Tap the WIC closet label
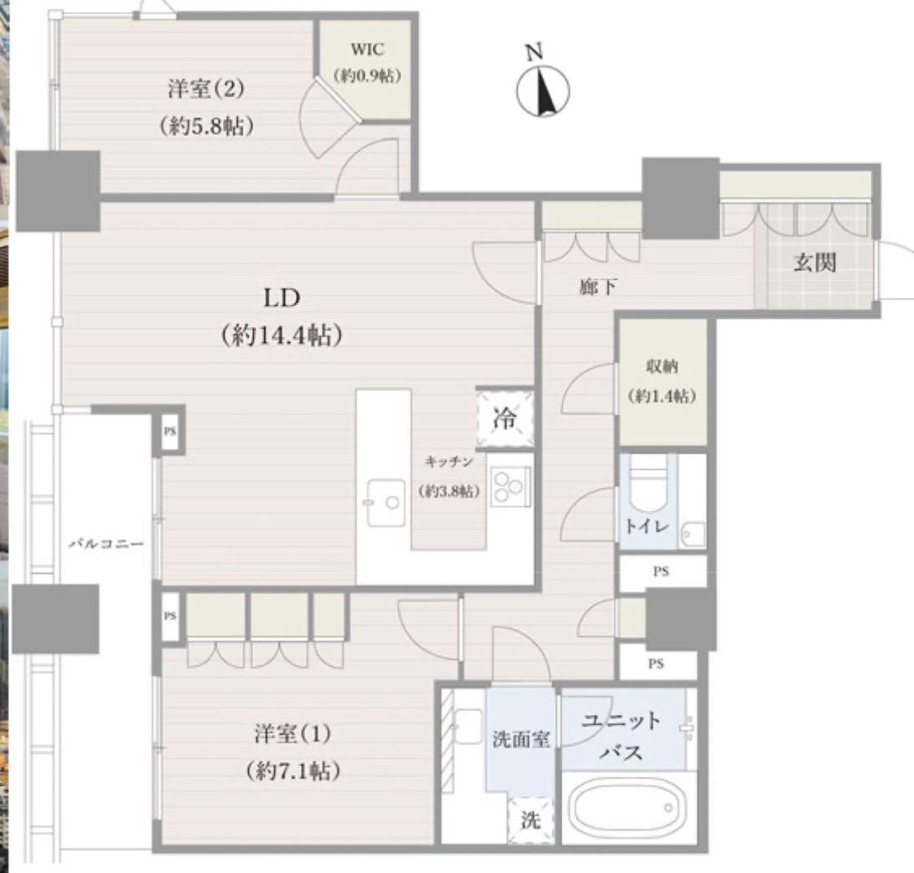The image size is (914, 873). pyautogui.click(x=367, y=49)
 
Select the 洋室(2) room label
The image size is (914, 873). pyautogui.click(x=206, y=89)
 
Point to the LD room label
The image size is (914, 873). pyautogui.click(x=282, y=298)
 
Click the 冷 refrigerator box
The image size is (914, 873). pyautogui.click(x=505, y=419)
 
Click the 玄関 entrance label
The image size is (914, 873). pyautogui.click(x=814, y=262)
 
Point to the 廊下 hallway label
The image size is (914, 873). pyautogui.click(x=597, y=287)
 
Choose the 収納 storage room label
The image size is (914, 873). pyautogui.click(x=661, y=366)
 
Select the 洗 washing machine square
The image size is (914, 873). pyautogui.click(x=530, y=820)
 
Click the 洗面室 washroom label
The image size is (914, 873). pyautogui.click(x=520, y=739)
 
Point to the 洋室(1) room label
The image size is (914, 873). pyautogui.click(x=293, y=733)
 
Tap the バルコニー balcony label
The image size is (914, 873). pyautogui.click(x=106, y=545)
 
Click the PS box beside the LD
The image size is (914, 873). pyautogui.click(x=170, y=432)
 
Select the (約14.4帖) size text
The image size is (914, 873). pyautogui.click(x=282, y=336)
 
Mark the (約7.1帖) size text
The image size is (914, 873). pyautogui.click(x=293, y=771)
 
